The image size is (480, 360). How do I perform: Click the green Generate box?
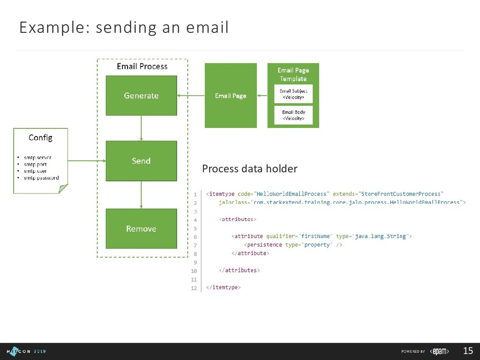pos(141,96)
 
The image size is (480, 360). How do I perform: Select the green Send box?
pos(141,161)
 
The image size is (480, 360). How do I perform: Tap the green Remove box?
pos(141,229)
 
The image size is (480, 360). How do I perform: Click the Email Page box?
pos(231,96)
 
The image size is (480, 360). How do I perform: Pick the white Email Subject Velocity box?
pos(293,94)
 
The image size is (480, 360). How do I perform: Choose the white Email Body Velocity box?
pos(293,115)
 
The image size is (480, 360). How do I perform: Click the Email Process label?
pos(142,67)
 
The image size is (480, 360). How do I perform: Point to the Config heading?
pos(40,137)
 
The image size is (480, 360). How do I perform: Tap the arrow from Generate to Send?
pos(141,128)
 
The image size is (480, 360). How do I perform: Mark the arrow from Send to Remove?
pos(141,195)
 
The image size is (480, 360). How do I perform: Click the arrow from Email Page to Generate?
pos(191,96)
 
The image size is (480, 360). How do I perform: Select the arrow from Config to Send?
pos(87,161)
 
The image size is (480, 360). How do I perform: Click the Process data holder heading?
pos(249,169)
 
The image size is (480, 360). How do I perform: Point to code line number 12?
pos(194,288)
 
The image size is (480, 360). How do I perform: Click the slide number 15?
pos(468,351)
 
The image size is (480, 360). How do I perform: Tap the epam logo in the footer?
pos(440,351)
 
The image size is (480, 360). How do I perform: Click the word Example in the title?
pos(45,28)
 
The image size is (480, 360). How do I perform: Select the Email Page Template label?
pos(293,75)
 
